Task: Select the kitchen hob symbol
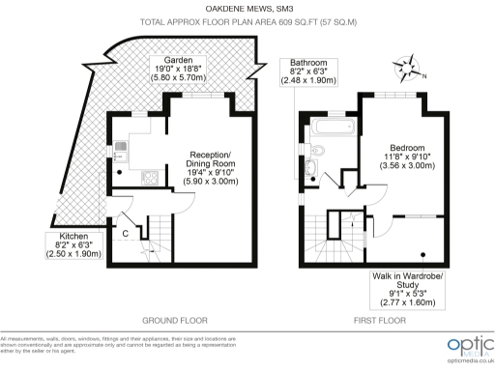coord(150,177)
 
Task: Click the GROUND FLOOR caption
coord(174,320)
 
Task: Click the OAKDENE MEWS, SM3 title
coord(247,9)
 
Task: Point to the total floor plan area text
coord(247,20)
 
